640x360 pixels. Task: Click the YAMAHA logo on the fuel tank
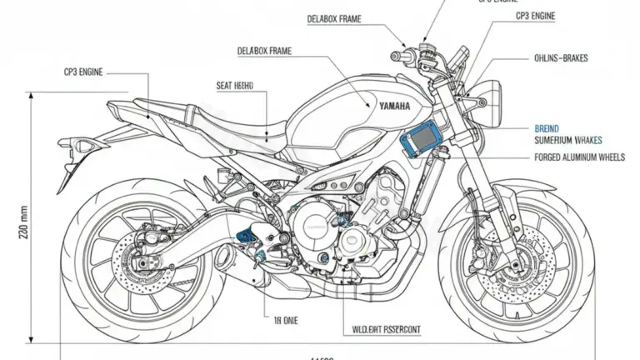[394, 106]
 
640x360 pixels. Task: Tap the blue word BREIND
[547, 129]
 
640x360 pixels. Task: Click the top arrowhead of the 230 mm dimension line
[32, 97]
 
